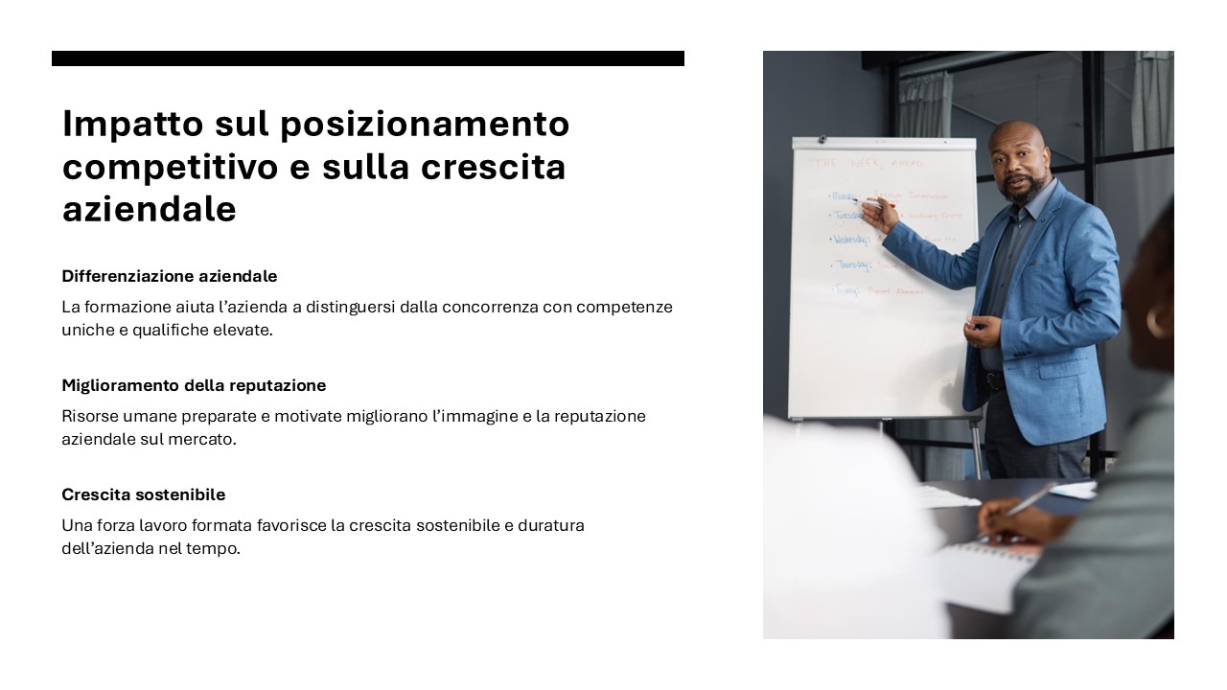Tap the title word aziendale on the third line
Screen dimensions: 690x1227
click(x=149, y=209)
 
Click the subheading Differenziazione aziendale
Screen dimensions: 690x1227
click(x=170, y=276)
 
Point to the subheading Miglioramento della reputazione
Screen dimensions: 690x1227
click(x=194, y=385)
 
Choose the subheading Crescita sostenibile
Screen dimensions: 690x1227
click(x=144, y=494)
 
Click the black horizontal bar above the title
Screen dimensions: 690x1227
click(x=368, y=58)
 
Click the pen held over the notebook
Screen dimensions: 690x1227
click(x=1030, y=499)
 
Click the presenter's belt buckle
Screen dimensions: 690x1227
click(x=994, y=380)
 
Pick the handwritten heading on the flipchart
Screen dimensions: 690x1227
click(x=864, y=164)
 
